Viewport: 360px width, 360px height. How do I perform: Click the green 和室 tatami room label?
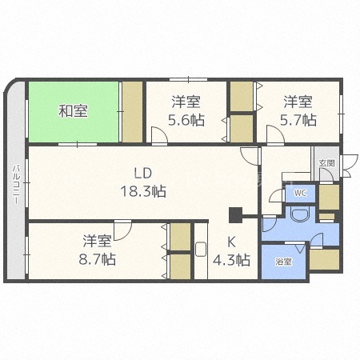73,111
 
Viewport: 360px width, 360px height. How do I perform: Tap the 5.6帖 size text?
186,120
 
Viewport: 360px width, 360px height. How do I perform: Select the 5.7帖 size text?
298,120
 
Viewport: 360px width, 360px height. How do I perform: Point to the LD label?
143,174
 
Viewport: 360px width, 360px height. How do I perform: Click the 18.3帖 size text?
143,191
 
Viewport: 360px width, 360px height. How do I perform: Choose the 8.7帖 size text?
98,259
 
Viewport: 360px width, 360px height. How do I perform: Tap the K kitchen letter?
231,242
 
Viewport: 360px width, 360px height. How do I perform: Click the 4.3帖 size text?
231,260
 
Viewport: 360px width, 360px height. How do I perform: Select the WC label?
301,193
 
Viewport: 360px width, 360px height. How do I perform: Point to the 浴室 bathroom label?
283,262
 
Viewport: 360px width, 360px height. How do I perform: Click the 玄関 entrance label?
327,163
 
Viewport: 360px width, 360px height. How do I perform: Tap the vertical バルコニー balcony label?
17,185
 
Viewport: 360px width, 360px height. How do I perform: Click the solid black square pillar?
235,215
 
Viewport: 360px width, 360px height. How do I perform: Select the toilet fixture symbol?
301,214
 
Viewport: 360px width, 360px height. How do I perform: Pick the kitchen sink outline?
201,249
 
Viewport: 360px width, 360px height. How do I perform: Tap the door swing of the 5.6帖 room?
159,135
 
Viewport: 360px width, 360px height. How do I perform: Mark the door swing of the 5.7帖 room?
275,134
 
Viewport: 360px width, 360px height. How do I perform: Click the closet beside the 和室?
132,112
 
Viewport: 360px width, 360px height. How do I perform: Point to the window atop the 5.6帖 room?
189,79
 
